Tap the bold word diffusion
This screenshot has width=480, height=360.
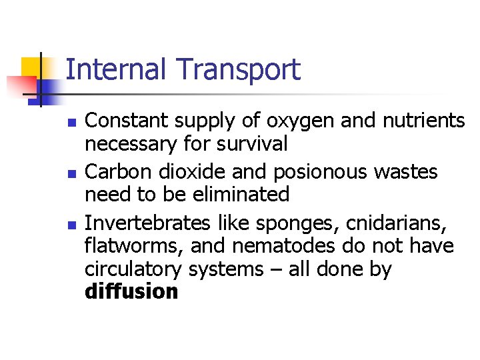coord(131,291)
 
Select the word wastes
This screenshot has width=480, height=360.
coord(406,171)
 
